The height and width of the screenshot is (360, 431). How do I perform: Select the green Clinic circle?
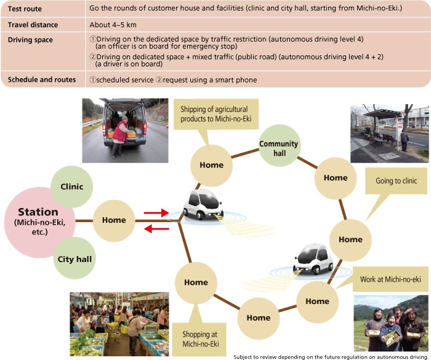[x=72, y=186]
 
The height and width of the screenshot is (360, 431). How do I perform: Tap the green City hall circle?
[x=75, y=259]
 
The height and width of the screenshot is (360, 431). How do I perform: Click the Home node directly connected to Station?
[x=114, y=220]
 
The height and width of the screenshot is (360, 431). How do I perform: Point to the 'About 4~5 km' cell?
[x=113, y=25]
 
